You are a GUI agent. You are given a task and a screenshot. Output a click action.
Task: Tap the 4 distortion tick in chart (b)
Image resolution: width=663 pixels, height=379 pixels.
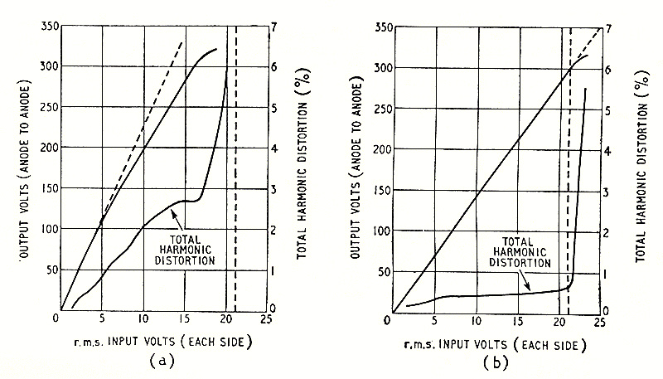[616, 152]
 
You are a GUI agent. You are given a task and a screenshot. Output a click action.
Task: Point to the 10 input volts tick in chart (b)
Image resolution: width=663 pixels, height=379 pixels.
[476, 321]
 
